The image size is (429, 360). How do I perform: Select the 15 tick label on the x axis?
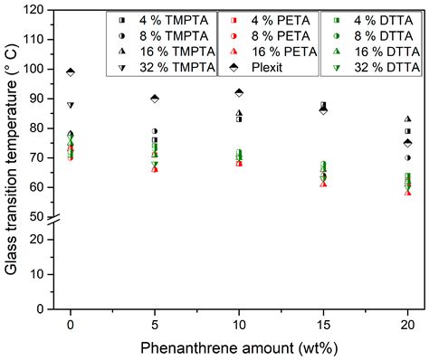[x=323, y=324]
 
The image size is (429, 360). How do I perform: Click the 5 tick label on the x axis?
[x=155, y=324]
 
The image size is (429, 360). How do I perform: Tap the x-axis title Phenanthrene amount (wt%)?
[x=239, y=346]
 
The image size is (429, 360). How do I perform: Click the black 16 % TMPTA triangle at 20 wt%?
[x=407, y=118]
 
